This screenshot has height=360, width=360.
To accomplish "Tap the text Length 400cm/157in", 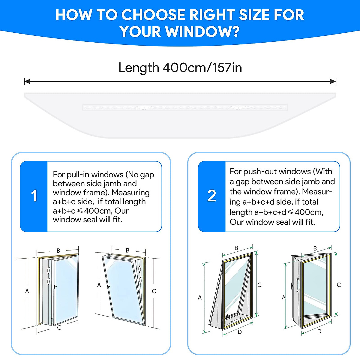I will (180, 67).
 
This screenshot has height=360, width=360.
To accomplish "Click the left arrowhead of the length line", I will (27, 81).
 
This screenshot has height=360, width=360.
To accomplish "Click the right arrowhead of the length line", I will (333, 81).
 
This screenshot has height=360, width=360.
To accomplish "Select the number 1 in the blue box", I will (34, 196).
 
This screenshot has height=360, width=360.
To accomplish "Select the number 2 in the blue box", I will (211, 196).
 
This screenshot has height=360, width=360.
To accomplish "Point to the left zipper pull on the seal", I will (144, 107).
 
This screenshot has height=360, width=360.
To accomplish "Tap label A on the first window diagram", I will (27, 291).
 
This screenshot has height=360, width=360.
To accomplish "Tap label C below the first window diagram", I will (59, 328).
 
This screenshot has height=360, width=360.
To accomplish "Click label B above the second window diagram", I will (128, 250).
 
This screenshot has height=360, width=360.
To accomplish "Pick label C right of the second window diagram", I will (154, 291).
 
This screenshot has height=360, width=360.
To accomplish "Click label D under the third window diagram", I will (239, 332).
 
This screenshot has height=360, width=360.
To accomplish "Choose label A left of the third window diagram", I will (200, 297).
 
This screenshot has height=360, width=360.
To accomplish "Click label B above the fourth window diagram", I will (315, 248).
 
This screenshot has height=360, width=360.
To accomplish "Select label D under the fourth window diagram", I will (319, 331).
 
